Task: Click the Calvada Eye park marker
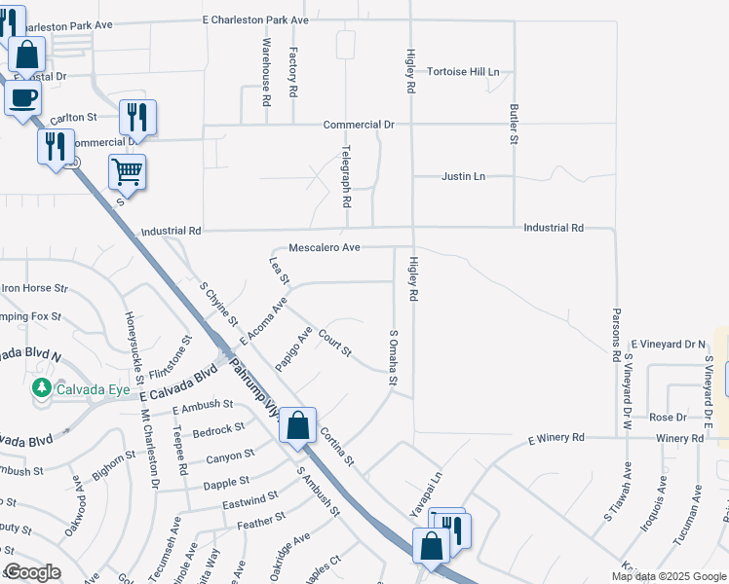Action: coord(41,389)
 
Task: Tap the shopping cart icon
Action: coord(127,172)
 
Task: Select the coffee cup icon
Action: coord(22,96)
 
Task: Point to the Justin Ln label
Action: coord(463,176)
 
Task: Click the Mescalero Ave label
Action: coord(325,248)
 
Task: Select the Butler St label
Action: coord(513,126)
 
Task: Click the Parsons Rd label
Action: coord(616,337)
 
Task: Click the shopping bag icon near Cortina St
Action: coord(297,424)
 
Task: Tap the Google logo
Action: coord(32,573)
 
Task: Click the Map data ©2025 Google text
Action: coord(669,576)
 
